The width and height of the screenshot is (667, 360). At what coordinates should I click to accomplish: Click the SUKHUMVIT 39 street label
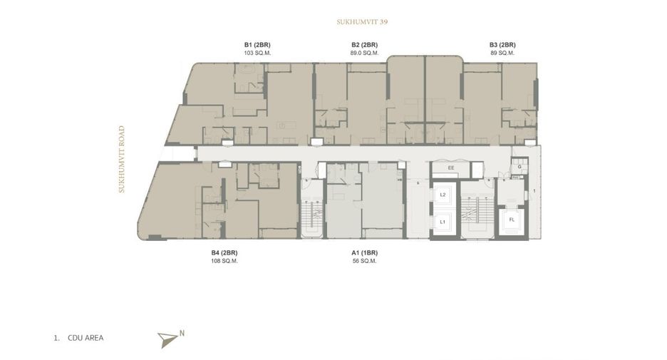coord(362,21)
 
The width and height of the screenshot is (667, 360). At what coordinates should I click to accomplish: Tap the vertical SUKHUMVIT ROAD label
coord(122,159)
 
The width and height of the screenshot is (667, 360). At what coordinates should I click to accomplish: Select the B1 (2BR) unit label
coord(257,45)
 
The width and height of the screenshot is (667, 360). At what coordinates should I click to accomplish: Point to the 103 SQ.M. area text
coord(257,53)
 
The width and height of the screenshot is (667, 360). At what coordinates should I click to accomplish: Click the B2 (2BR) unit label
coord(365,45)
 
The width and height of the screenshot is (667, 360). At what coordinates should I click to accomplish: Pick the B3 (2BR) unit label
coord(502,45)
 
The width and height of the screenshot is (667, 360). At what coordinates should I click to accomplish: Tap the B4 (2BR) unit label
coord(224,253)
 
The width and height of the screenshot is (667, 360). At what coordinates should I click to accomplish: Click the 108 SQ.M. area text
coord(224,261)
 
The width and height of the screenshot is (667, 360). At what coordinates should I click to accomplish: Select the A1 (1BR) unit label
coord(365,253)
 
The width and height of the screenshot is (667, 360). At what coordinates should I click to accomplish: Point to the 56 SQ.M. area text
coord(365,261)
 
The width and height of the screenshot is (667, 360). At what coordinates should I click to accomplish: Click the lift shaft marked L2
coord(443,195)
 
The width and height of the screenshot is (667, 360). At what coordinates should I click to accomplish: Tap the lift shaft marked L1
coord(443,222)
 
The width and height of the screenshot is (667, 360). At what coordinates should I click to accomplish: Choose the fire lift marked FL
coord(512,220)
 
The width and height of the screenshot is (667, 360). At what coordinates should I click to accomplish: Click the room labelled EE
coord(451,168)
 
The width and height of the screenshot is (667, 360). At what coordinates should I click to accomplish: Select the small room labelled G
coord(519,166)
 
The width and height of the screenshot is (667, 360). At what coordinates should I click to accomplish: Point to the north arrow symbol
coord(167,339)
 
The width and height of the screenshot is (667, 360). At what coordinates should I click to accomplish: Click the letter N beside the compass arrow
coord(182,334)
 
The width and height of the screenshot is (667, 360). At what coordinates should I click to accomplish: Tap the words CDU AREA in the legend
coord(86,338)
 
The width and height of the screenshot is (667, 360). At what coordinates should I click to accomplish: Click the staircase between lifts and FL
coord(477,210)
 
